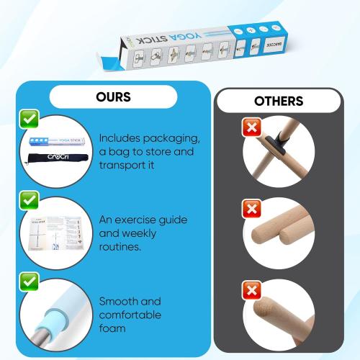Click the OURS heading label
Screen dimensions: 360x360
114,96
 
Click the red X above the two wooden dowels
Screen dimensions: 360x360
252,209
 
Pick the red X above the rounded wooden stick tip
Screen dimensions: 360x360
252,290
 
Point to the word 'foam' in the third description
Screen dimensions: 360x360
114,328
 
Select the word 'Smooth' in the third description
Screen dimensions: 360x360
120,301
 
